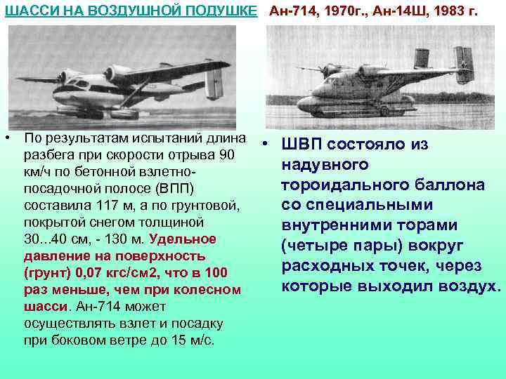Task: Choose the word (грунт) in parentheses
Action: [46, 273]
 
